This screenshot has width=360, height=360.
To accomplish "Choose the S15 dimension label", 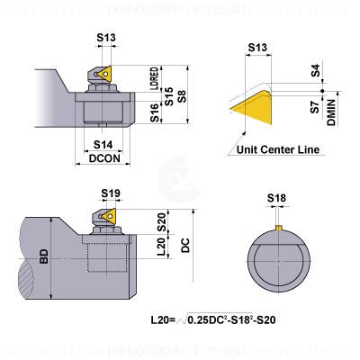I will point(168,93).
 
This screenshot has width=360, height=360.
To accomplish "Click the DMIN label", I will point(331,112).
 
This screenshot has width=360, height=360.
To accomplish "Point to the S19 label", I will point(112,193).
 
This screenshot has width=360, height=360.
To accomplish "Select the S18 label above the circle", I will point(279,197).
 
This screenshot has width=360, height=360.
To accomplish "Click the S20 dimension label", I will point(162,221).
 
